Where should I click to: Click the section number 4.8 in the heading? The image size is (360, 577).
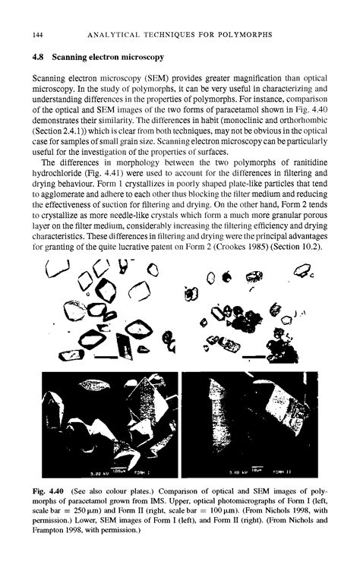(35, 57)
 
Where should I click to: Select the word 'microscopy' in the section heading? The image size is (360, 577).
(141, 57)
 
